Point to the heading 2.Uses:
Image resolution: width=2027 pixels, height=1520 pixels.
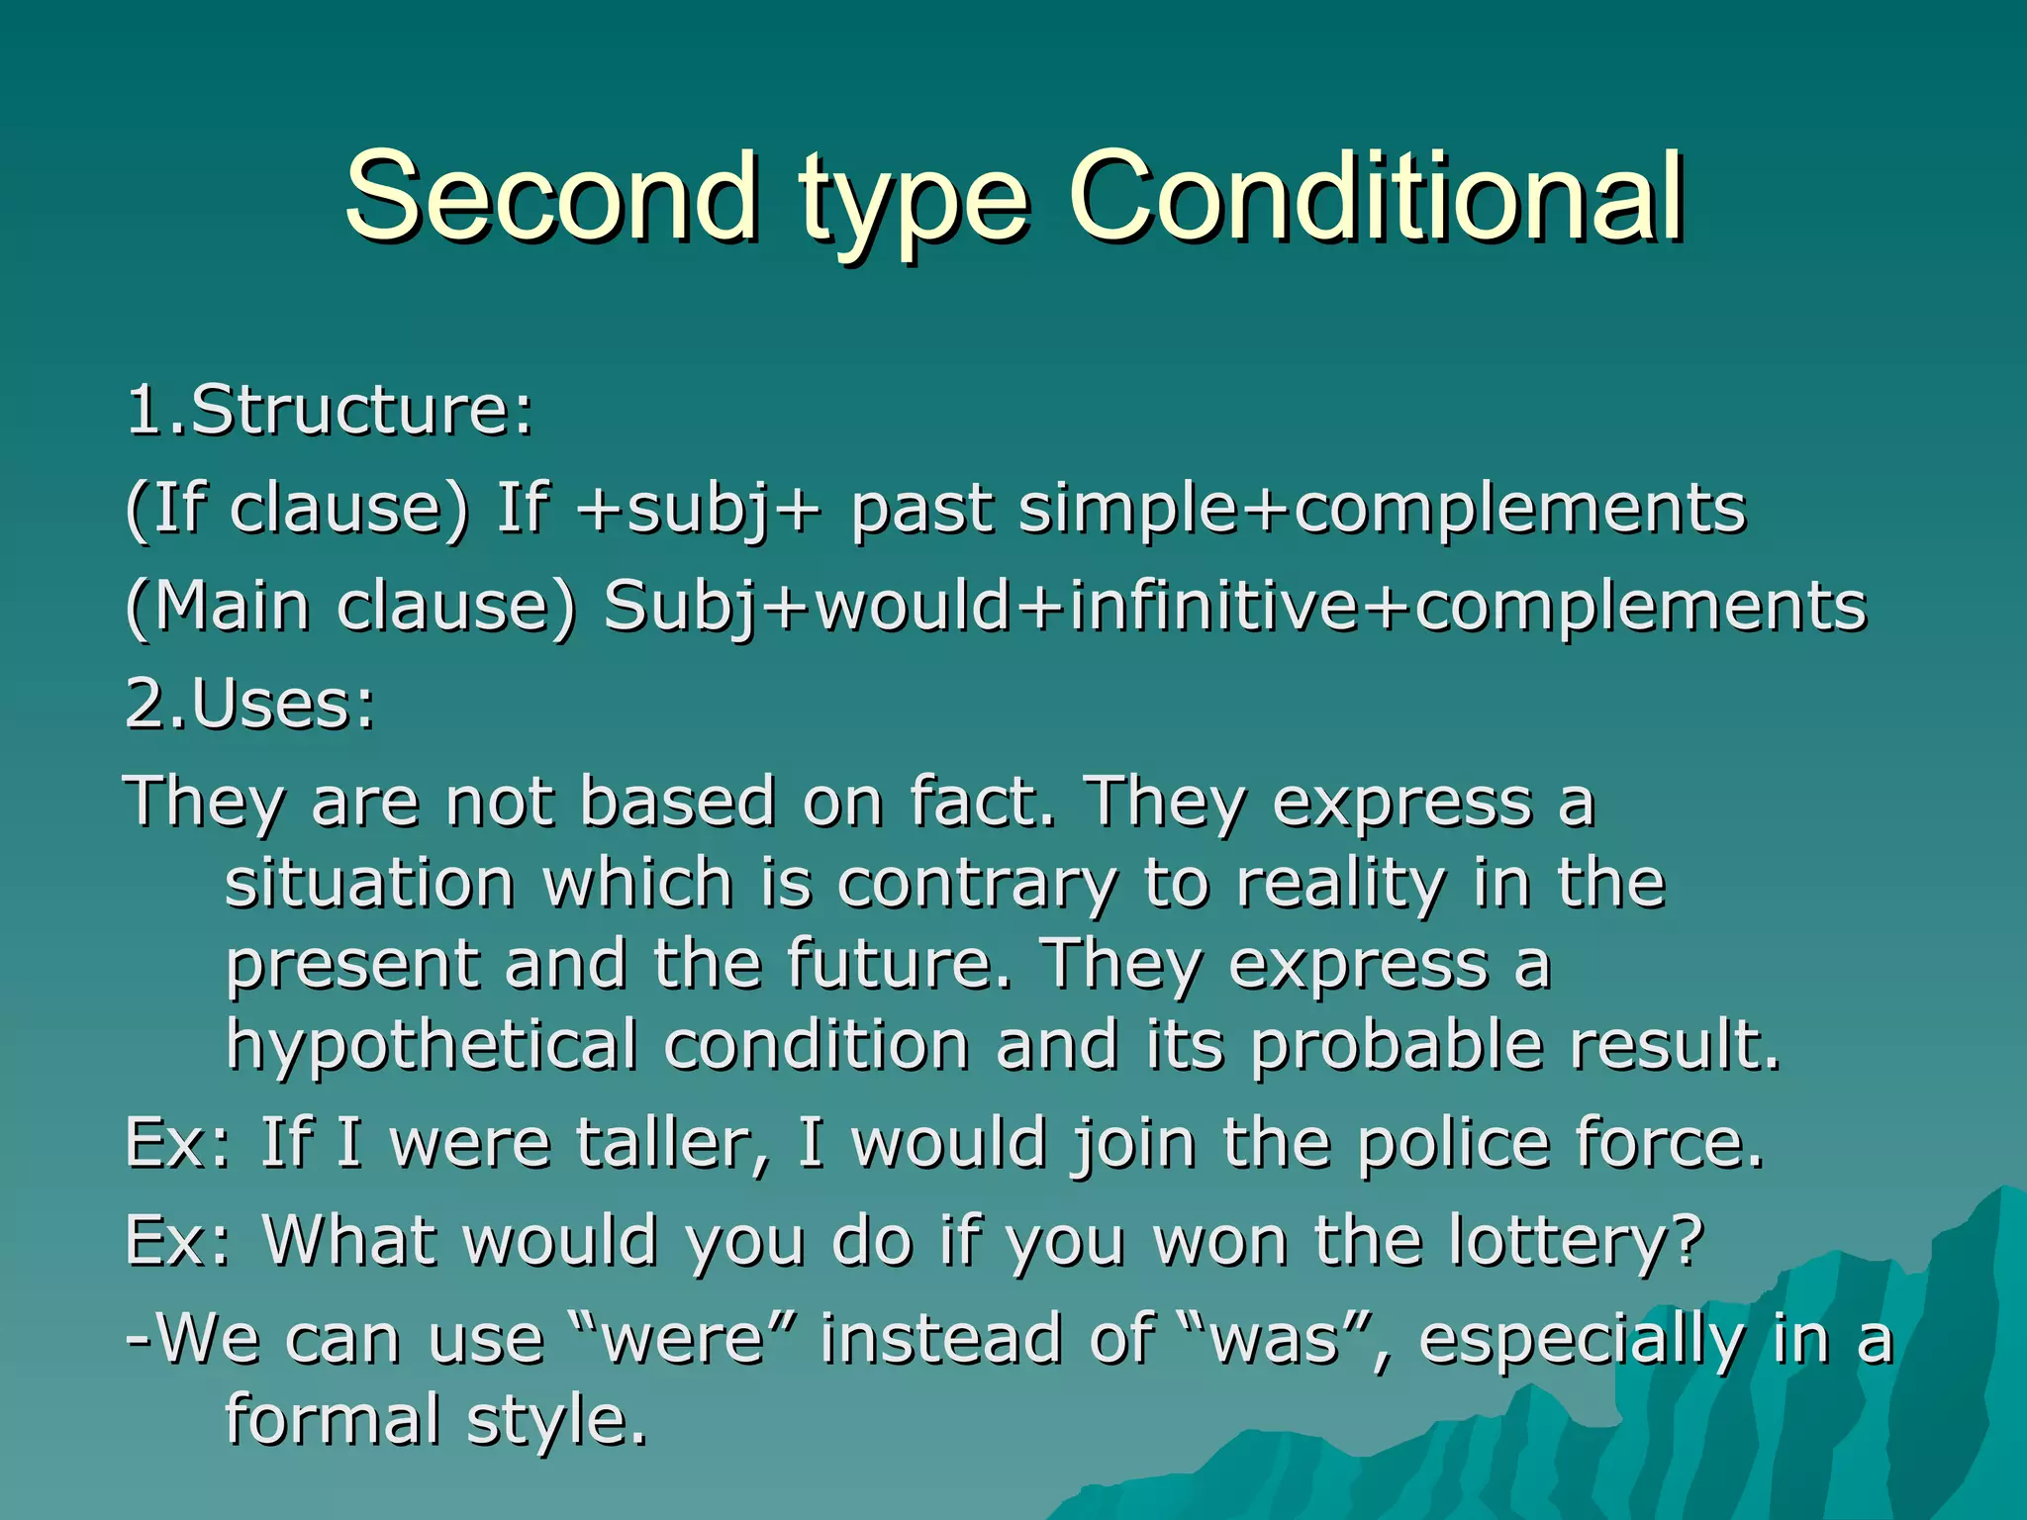point(250,704)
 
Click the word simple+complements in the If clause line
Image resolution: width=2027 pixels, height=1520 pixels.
point(1382,510)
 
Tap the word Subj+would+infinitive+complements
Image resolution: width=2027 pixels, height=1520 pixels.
point(1235,606)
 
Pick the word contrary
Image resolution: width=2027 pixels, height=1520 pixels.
point(976,883)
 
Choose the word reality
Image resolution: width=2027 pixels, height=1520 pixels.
point(1340,885)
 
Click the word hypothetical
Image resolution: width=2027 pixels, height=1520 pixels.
point(432,1046)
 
